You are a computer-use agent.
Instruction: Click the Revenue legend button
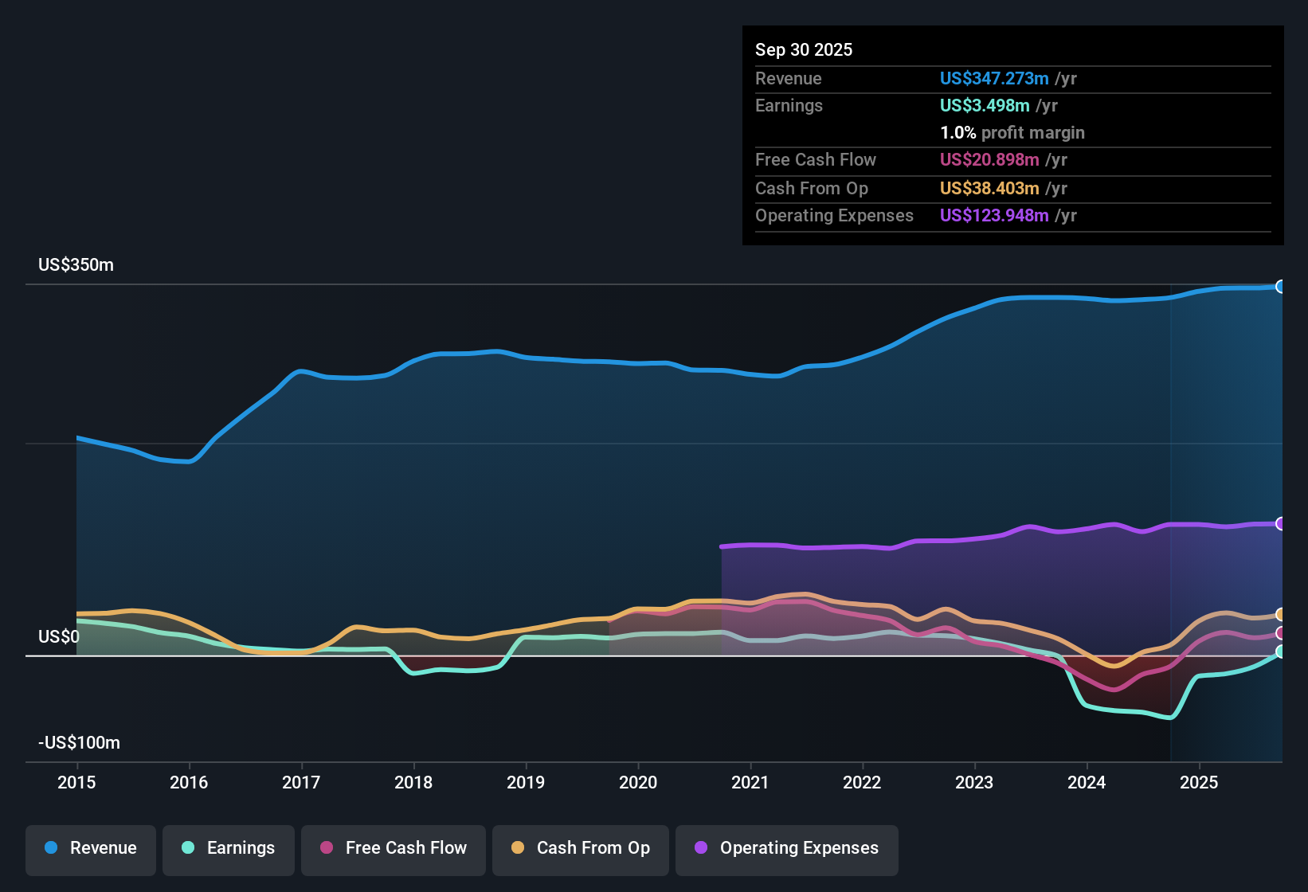click(x=91, y=848)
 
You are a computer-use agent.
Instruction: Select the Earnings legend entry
click(x=229, y=848)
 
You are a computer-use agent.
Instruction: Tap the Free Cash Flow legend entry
click(x=394, y=848)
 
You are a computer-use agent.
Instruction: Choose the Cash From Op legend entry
click(x=581, y=848)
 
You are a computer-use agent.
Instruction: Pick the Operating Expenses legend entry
click(x=787, y=848)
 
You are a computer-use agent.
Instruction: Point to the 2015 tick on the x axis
click(x=76, y=782)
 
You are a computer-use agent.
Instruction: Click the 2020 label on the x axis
click(x=638, y=782)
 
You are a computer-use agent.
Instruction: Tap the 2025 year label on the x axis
click(x=1199, y=782)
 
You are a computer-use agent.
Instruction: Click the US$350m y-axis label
click(x=76, y=265)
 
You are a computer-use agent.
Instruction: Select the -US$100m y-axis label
click(x=79, y=743)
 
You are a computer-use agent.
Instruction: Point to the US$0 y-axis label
click(x=59, y=637)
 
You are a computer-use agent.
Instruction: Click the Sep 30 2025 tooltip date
click(x=803, y=50)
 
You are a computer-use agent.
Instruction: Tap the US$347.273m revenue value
click(x=993, y=79)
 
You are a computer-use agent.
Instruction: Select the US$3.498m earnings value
click(x=985, y=106)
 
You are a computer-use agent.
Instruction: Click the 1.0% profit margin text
click(x=1012, y=133)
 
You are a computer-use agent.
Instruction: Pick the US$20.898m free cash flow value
click(x=989, y=160)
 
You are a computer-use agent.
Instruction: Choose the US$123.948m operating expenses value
click(x=993, y=216)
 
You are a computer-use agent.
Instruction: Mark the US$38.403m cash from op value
click(x=989, y=189)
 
